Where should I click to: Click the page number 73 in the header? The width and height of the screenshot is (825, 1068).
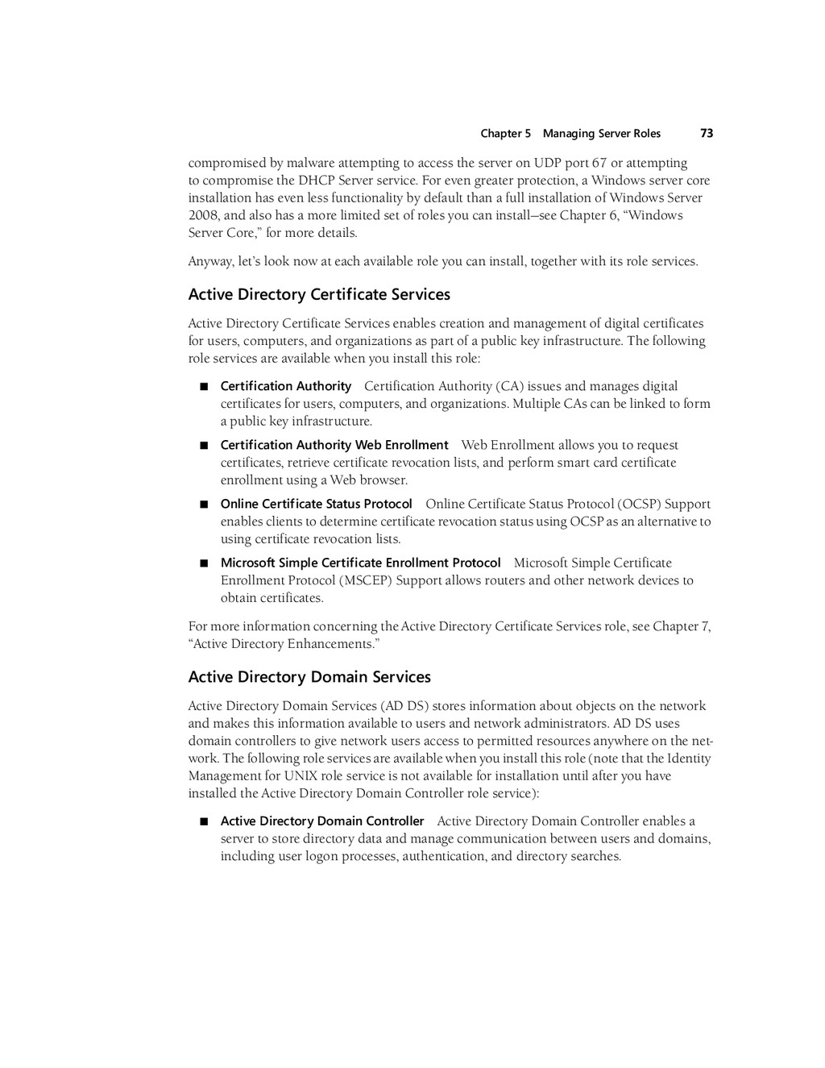[707, 133]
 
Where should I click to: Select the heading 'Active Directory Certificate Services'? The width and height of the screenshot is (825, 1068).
[319, 294]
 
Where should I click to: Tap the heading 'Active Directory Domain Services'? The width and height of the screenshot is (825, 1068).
[309, 677]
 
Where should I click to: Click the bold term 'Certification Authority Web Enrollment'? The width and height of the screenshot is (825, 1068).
[334, 445]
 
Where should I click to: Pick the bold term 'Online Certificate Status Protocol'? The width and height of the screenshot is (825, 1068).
[317, 504]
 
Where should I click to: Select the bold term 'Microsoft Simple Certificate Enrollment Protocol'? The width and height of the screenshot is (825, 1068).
[360, 563]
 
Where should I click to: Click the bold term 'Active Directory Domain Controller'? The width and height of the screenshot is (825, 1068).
[322, 821]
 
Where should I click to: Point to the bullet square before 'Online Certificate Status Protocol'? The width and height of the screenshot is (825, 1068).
[204, 505]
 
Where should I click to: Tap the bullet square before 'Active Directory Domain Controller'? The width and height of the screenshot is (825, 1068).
[204, 821]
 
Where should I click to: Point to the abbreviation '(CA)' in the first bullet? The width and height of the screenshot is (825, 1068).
[510, 386]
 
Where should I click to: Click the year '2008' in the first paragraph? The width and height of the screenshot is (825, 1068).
[201, 215]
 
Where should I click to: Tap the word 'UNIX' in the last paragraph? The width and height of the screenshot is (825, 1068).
[301, 775]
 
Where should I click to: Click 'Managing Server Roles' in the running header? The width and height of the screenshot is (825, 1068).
[602, 134]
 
